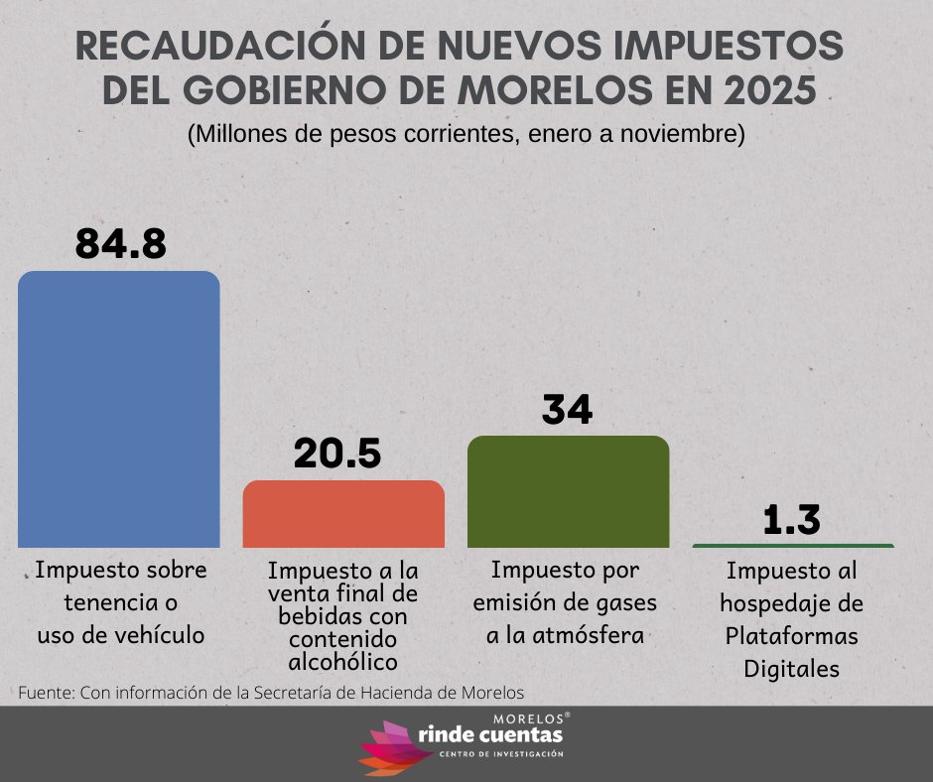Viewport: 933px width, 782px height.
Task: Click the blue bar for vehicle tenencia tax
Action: [119, 409]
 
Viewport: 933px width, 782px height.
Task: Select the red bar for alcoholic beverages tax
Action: [343, 514]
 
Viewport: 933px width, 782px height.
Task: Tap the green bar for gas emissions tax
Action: [568, 491]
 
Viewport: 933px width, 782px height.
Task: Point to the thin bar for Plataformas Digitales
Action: [793, 546]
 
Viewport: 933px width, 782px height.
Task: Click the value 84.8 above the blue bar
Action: [121, 243]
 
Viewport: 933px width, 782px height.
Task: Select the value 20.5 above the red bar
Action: [337, 454]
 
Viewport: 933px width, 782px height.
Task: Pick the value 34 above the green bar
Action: [567, 409]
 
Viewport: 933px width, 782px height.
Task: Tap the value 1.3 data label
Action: [792, 520]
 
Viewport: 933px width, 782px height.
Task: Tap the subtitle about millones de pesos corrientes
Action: [466, 134]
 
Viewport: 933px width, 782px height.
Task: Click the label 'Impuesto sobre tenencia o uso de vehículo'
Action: [121, 602]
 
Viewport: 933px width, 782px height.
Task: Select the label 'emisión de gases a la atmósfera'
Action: [566, 602]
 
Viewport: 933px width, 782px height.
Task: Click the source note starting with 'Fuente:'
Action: [271, 692]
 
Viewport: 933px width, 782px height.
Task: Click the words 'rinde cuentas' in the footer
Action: [491, 735]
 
